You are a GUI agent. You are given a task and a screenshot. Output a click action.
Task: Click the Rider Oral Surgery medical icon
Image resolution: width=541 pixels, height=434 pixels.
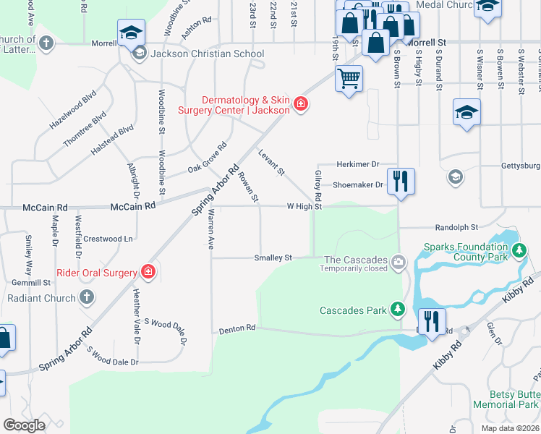tap(148, 272)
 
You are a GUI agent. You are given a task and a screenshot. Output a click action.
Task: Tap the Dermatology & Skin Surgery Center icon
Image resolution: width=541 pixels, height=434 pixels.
tap(300, 105)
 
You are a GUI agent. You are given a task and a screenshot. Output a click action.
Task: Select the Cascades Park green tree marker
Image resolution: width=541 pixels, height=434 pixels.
tap(397, 310)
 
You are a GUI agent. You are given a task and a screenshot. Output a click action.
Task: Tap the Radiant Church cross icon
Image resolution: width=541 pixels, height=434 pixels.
tap(86, 297)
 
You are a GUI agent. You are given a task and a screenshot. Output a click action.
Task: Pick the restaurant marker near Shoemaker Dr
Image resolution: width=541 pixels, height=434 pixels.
tap(400, 181)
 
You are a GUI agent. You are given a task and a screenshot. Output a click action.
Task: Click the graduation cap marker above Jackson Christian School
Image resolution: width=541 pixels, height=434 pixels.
tap(132, 33)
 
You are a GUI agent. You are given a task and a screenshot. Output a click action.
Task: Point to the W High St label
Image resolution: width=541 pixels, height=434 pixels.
tap(304, 206)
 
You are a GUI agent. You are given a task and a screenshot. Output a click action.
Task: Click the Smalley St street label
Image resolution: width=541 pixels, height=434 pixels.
tap(273, 258)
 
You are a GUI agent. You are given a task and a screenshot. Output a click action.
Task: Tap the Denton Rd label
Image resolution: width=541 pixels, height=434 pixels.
tap(237, 328)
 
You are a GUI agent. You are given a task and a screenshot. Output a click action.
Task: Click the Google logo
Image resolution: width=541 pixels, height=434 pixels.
tap(24, 425)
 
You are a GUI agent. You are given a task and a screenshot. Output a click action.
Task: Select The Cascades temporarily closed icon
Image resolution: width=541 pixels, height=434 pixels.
tap(397, 260)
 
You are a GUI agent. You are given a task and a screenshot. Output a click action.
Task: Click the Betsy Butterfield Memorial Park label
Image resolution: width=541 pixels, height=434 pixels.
tap(506, 399)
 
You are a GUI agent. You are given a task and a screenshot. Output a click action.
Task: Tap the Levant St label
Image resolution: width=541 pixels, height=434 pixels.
tap(272, 162)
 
